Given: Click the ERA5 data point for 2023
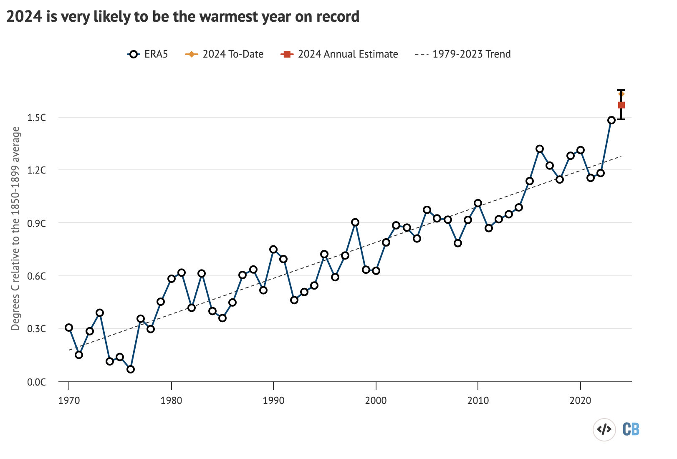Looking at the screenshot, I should [x=611, y=120].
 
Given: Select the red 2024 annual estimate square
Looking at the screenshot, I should [x=621, y=105].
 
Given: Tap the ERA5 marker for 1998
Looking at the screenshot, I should [x=355, y=222].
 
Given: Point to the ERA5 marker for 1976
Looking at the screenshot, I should [x=131, y=369].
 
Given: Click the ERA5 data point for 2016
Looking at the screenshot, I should [x=540, y=149].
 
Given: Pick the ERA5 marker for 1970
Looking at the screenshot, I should [x=69, y=328].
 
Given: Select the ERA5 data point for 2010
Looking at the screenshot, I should [x=478, y=203].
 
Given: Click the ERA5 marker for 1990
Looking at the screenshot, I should [x=273, y=250].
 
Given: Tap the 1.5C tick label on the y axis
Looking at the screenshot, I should [x=37, y=118].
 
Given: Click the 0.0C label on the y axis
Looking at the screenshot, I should [x=37, y=382].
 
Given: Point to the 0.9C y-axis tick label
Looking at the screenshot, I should [x=37, y=224].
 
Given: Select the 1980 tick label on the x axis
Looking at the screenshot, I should [x=171, y=401].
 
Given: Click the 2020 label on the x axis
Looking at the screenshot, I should [x=580, y=401].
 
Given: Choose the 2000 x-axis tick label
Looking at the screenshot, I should [x=376, y=401].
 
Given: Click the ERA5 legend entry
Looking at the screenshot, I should [x=148, y=54].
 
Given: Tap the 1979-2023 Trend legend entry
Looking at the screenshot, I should [x=463, y=54].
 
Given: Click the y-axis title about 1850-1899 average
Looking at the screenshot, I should [x=16, y=229].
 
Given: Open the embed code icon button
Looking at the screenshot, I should [x=604, y=429].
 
